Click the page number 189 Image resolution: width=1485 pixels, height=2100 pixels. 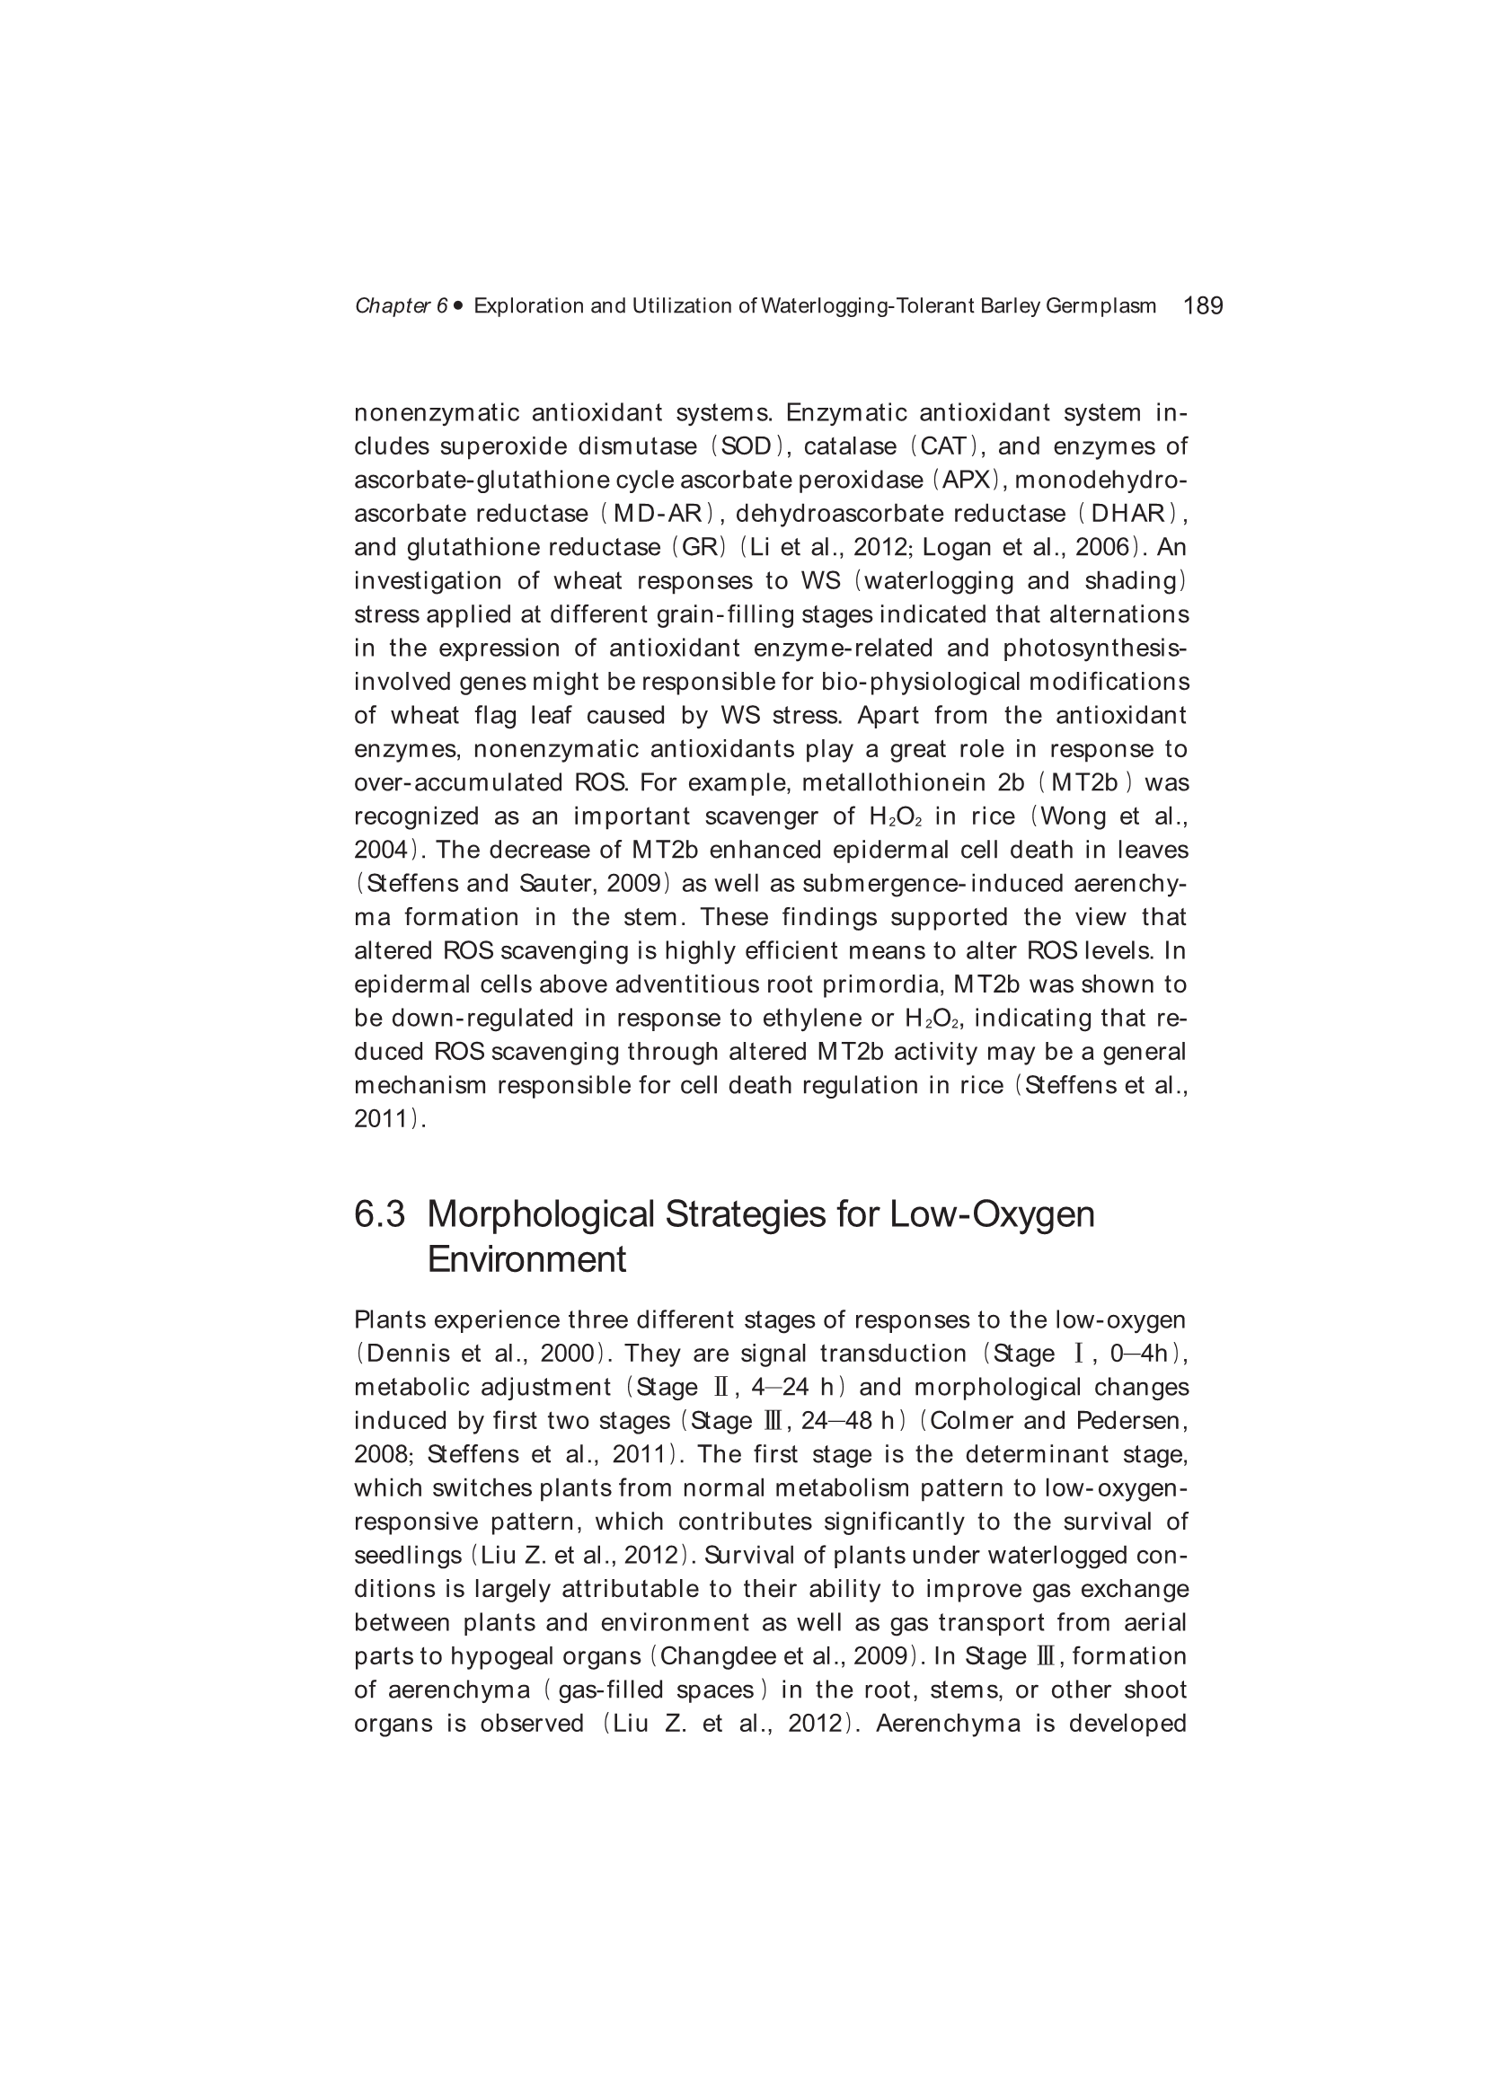tap(1202, 305)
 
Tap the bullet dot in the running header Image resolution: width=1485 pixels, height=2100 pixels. tap(457, 305)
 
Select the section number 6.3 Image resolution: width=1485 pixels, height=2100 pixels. tap(379, 1214)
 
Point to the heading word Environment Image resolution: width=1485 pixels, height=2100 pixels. tap(526, 1260)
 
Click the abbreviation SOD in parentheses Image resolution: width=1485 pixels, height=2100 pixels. tap(746, 447)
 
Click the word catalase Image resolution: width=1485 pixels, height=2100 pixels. tap(850, 447)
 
